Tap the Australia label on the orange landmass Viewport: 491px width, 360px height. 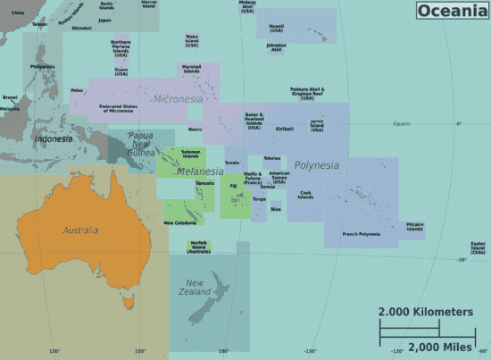tap(79, 230)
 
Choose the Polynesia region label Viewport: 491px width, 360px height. tap(316, 165)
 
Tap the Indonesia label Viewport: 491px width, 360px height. tap(54, 138)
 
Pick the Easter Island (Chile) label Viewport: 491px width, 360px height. tap(478, 247)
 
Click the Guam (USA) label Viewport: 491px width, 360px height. tap(121, 71)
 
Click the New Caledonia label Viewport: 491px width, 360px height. tap(179, 222)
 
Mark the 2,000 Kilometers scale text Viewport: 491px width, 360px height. tap(425, 312)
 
